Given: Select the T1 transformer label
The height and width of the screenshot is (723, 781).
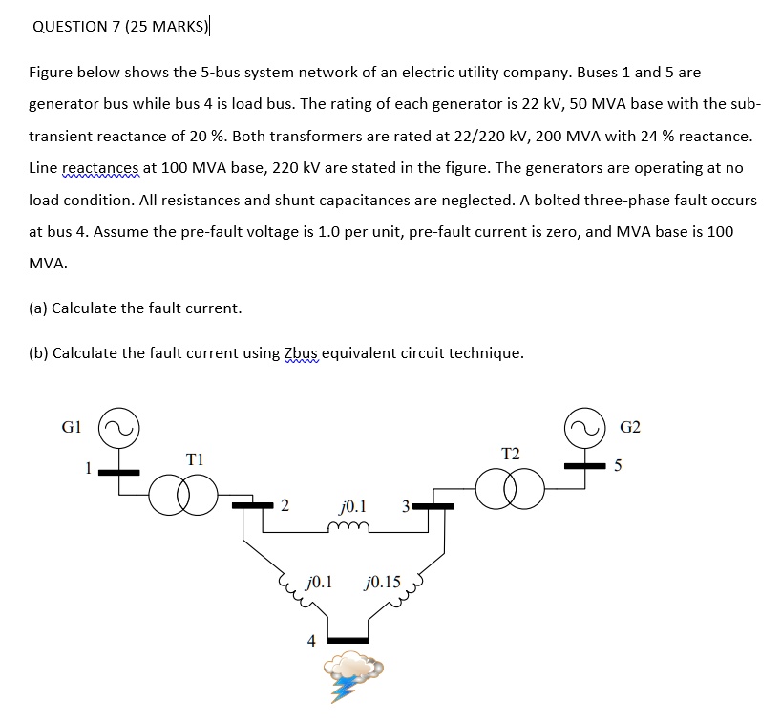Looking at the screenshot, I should [x=196, y=459].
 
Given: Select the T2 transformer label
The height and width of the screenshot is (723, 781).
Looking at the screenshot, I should [x=511, y=452].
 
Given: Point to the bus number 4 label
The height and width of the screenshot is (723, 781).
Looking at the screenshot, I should [x=311, y=641].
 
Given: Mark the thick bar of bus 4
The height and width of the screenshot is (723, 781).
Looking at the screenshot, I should [x=348, y=639].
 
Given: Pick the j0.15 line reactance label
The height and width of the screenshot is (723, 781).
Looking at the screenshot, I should [x=383, y=580].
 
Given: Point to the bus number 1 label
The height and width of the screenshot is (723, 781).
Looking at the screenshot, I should [x=87, y=468].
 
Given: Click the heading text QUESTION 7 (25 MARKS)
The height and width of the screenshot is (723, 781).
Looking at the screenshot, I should [x=120, y=27].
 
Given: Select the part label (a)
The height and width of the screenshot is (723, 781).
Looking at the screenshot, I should [x=39, y=308].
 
